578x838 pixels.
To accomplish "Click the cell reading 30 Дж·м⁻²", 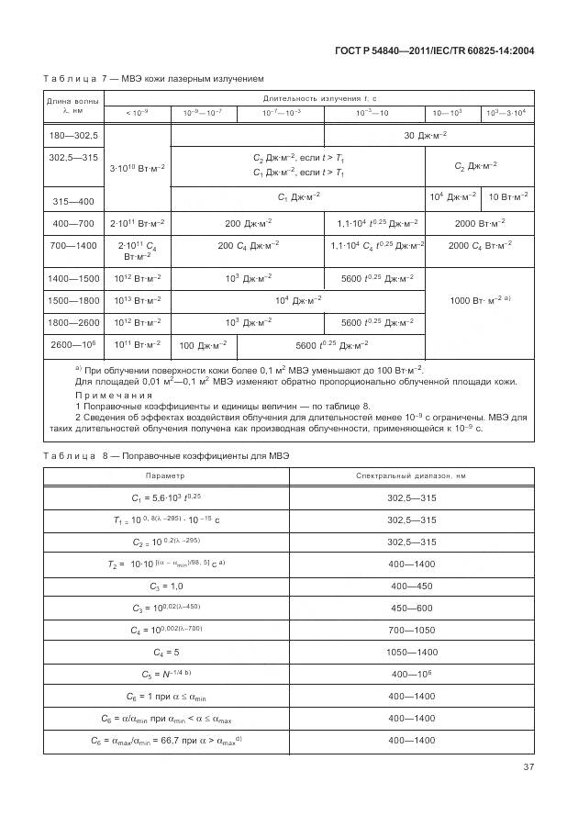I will (425, 136).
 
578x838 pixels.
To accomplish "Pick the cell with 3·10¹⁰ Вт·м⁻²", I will (138, 167).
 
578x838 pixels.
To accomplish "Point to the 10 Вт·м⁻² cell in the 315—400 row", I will (507, 197).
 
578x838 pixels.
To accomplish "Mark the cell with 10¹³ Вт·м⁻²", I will (138, 300).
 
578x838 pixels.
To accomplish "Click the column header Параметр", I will (165, 476).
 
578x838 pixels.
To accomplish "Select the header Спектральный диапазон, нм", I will (411, 476).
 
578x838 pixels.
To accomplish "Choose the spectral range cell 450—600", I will (411, 609).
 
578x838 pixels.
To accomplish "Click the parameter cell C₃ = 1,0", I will (165, 587).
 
